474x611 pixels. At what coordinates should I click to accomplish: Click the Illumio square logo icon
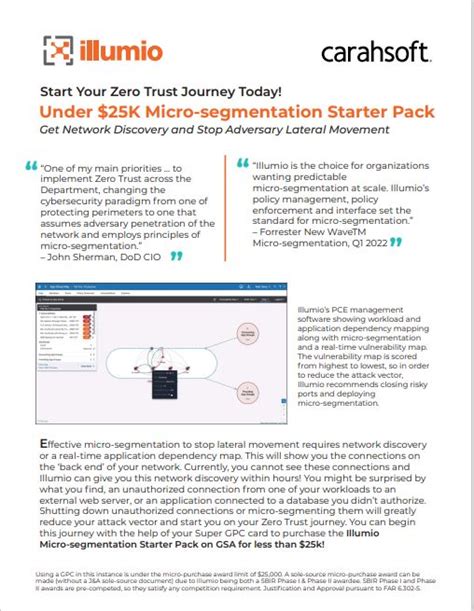click(58, 50)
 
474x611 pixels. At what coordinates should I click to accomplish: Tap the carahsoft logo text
click(375, 51)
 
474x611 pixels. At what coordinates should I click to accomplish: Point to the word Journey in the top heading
click(194, 90)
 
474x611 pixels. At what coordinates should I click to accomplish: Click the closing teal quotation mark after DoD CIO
click(177, 256)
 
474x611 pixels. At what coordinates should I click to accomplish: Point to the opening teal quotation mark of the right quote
click(243, 160)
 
